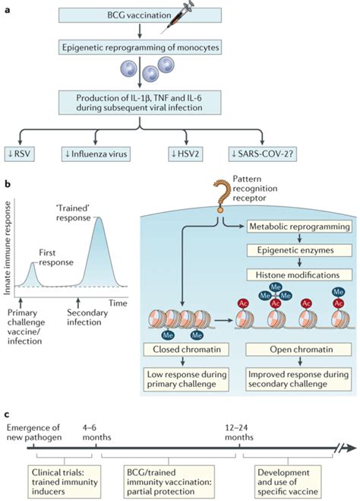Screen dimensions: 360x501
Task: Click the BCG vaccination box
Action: (x=140, y=15)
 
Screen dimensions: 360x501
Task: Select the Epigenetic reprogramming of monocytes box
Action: (x=140, y=47)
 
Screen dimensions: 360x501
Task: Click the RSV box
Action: (x=20, y=154)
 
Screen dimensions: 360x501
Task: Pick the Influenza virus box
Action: (x=96, y=154)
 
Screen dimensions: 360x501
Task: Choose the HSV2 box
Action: (x=185, y=154)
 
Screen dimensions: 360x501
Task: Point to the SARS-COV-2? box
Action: (x=262, y=154)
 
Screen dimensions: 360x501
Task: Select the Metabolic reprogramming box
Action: (x=299, y=227)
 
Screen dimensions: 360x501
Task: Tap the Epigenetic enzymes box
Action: (x=299, y=250)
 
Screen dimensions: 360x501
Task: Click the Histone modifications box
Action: (x=299, y=274)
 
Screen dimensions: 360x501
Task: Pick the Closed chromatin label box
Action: (x=186, y=349)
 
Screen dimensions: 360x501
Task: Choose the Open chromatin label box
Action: (x=298, y=349)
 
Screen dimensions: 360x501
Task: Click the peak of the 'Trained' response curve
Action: (x=99, y=217)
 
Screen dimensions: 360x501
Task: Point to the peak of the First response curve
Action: (x=32, y=263)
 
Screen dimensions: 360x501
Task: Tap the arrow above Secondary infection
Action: (x=78, y=303)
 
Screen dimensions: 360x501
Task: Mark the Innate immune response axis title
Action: (x=8, y=248)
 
